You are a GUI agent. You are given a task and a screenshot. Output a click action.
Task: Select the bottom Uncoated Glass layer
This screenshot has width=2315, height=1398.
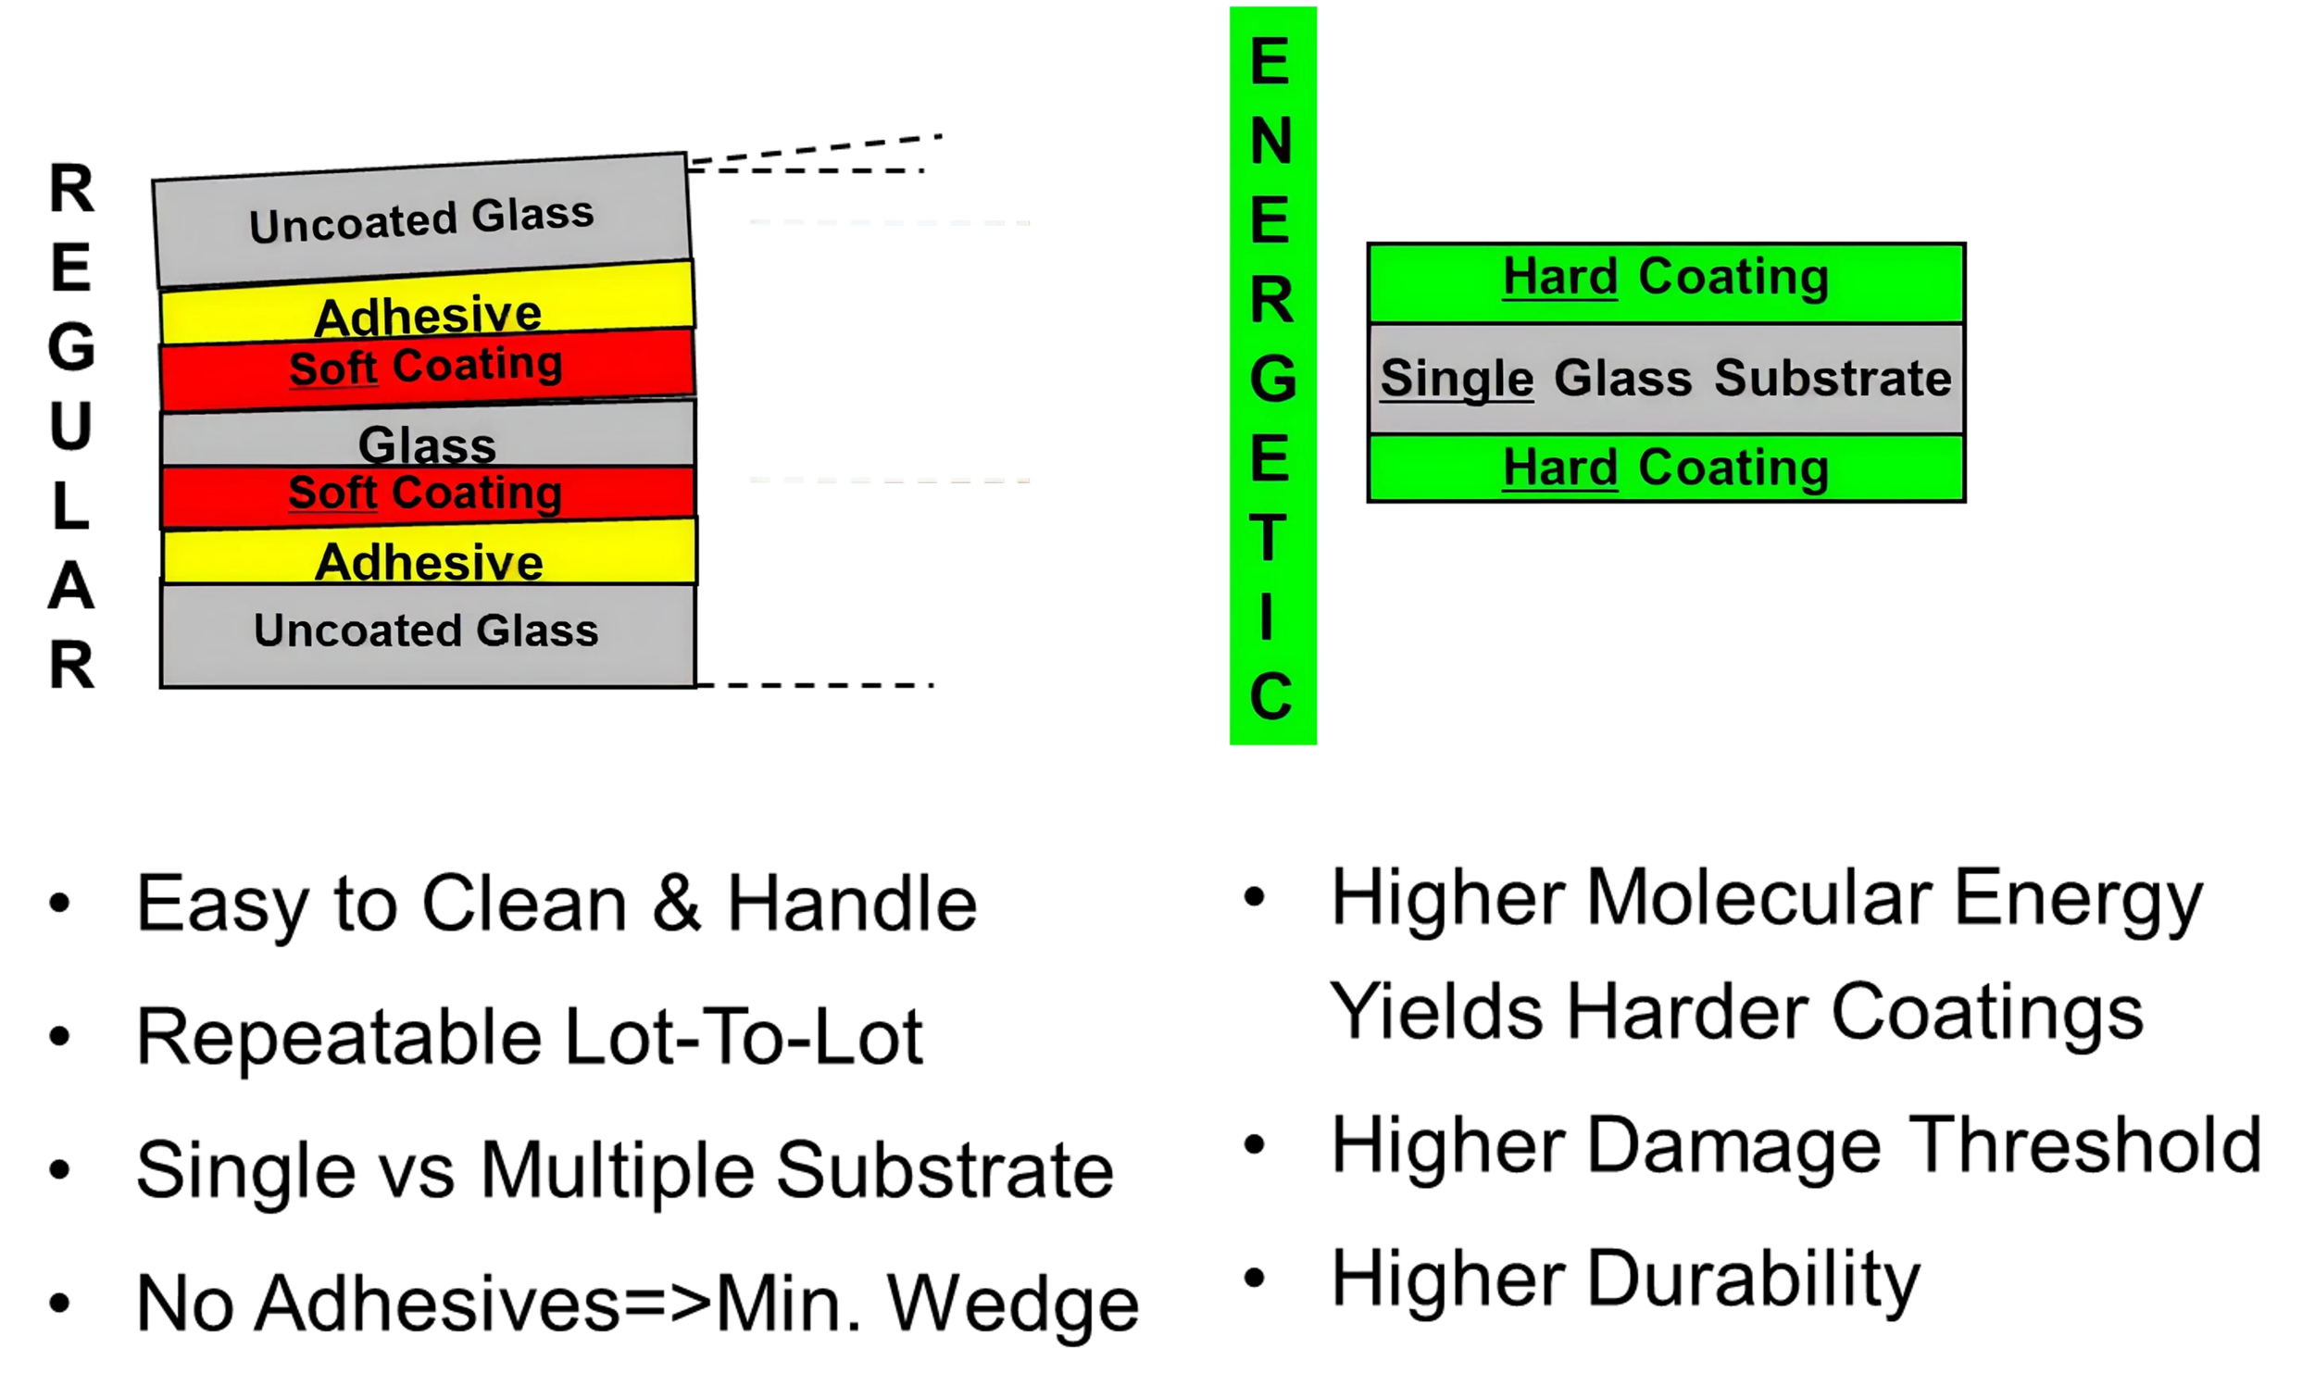(x=429, y=632)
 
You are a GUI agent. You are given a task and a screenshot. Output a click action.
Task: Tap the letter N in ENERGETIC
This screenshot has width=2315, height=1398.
(x=1271, y=142)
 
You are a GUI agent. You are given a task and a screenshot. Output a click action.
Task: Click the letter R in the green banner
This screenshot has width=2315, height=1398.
(x=1271, y=301)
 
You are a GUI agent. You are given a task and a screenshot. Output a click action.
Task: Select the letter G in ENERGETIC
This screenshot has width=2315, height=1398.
(x=1272, y=380)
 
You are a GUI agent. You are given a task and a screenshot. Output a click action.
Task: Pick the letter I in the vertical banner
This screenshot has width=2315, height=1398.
(x=1268, y=618)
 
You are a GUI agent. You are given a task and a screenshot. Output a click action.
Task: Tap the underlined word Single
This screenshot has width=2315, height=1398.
(x=1457, y=379)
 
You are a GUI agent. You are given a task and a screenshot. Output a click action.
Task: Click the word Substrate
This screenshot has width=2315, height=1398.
(x=1832, y=378)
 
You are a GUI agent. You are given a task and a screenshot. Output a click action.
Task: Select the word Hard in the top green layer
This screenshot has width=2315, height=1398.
(x=1559, y=276)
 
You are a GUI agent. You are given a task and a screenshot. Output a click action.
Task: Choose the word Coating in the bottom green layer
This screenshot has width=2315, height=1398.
(x=1733, y=467)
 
